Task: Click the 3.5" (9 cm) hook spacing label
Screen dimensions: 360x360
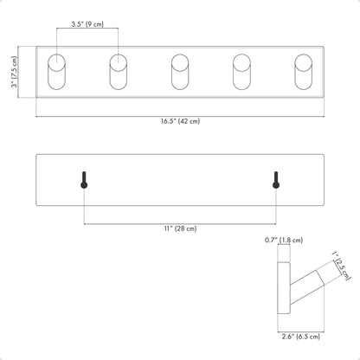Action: (87, 24)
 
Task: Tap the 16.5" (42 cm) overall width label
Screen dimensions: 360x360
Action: (180, 121)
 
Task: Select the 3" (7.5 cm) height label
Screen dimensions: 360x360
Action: (14, 72)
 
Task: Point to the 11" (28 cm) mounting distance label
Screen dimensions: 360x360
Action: (181, 228)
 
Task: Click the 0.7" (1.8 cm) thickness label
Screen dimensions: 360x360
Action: (284, 240)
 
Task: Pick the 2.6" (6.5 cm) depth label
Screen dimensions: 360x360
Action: (301, 337)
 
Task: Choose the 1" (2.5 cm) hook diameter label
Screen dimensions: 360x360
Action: (342, 266)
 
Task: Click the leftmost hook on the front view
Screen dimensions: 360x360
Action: (56, 72)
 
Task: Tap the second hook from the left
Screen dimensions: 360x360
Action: (119, 72)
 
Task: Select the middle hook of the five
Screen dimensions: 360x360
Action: (180, 72)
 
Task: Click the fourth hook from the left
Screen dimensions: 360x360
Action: (241, 72)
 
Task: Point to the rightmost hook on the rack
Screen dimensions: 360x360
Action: (304, 72)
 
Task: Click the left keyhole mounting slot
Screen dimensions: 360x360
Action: (84, 180)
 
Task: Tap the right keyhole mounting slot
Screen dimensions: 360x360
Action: (276, 180)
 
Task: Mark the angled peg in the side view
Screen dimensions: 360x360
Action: (307, 287)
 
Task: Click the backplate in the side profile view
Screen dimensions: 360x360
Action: (284, 288)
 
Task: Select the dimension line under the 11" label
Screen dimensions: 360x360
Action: (180, 223)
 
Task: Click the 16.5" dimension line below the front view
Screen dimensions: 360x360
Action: (180, 117)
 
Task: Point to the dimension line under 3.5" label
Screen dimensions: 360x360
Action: (87, 29)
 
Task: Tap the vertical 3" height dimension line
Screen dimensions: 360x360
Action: (18, 72)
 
